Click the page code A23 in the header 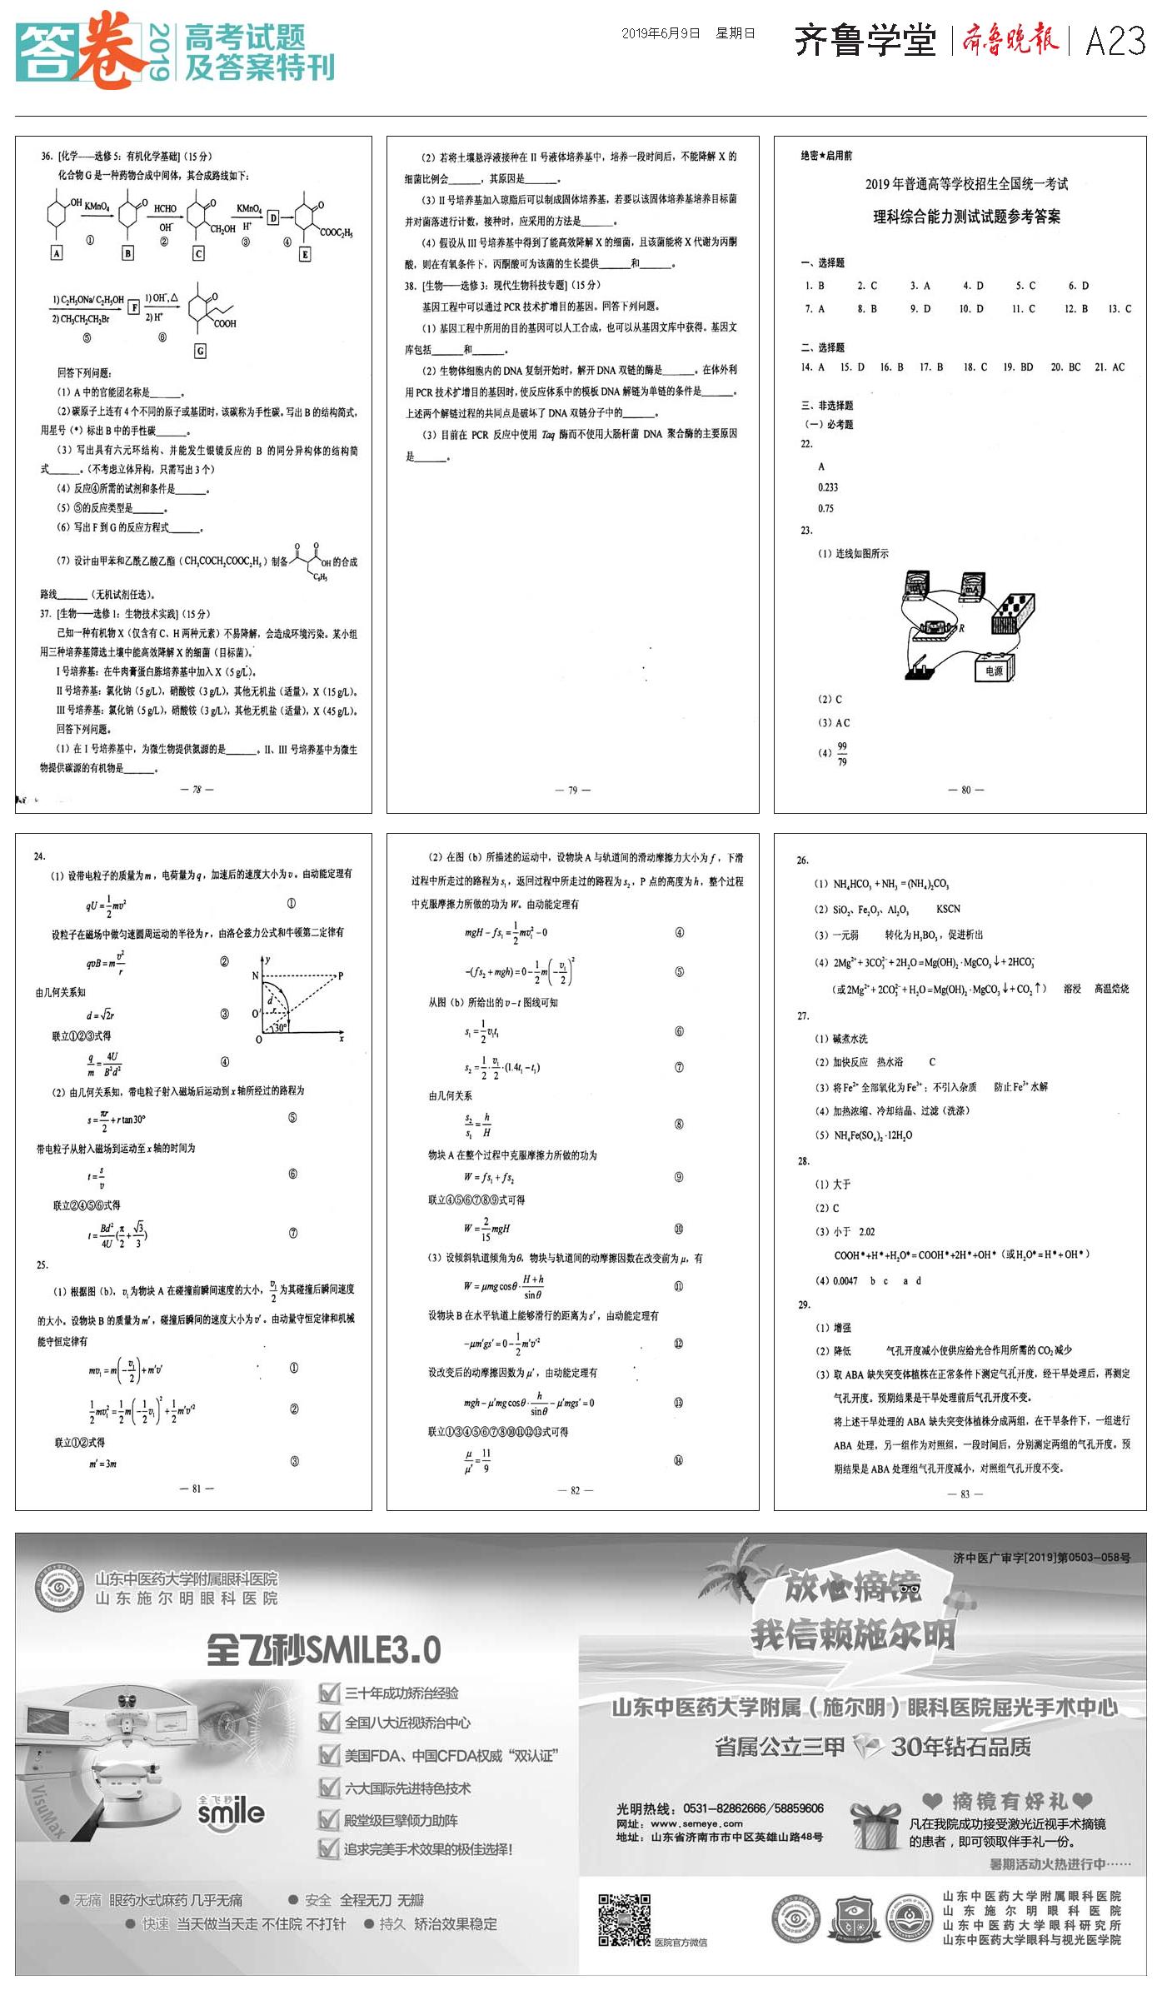click(1115, 40)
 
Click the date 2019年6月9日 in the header click(661, 33)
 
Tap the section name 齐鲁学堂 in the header click(865, 40)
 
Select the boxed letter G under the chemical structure click(200, 352)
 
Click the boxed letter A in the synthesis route click(57, 253)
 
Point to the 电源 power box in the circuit click(995, 669)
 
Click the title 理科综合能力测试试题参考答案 click(966, 217)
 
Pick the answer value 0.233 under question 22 click(827, 487)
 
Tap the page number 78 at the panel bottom click(197, 790)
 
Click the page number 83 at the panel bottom click(965, 1494)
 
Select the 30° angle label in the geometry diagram click(280, 1027)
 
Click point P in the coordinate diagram click(340, 975)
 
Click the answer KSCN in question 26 click(948, 909)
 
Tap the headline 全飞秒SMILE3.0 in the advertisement click(323, 1649)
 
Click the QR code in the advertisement click(624, 1920)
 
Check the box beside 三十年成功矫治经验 click(330, 1693)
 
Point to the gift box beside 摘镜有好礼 click(875, 1826)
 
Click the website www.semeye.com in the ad click(696, 1823)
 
